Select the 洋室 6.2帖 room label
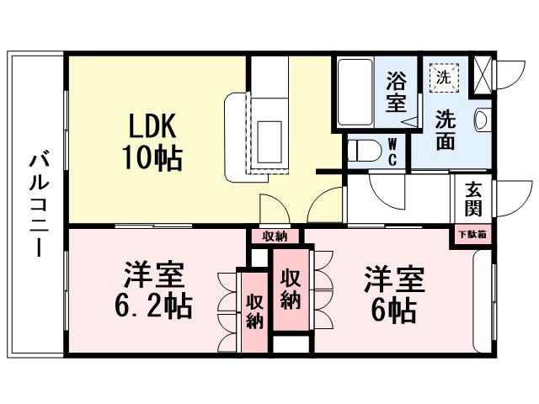153,290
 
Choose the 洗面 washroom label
446,130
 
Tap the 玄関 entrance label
472,199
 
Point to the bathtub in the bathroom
353,92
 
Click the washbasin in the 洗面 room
481,120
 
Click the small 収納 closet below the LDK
275,236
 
